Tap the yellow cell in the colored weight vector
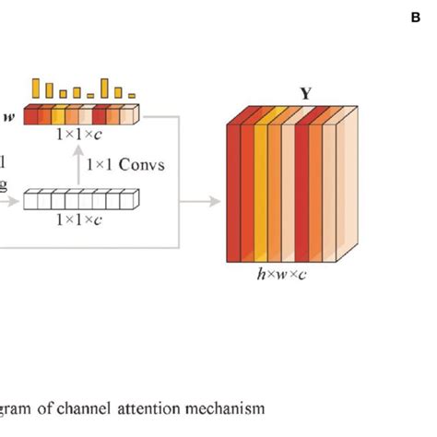58,115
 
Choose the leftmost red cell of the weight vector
32,115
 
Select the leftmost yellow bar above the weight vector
36,89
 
